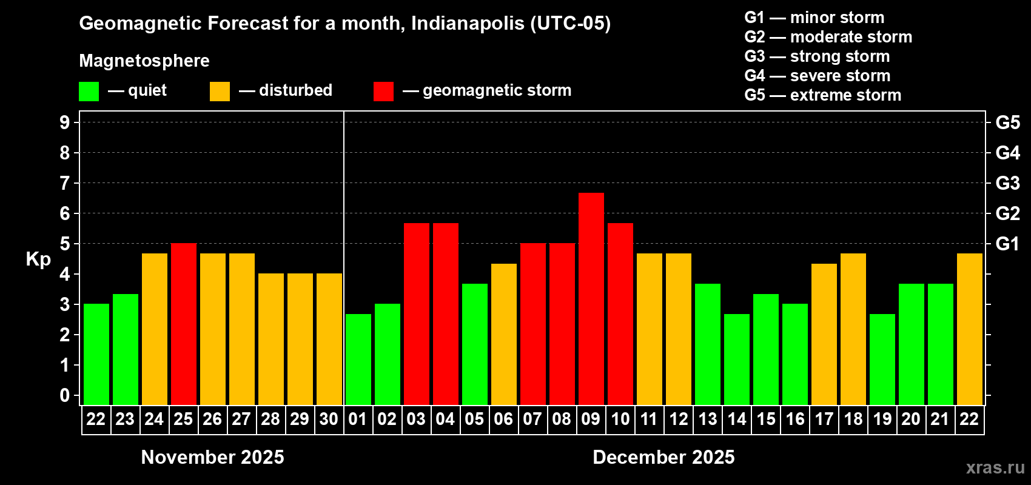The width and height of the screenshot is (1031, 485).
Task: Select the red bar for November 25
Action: point(184,324)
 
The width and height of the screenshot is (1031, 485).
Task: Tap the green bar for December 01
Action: point(358,359)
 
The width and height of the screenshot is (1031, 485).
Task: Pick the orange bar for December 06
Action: point(504,334)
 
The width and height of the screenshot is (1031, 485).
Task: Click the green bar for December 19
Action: point(882,359)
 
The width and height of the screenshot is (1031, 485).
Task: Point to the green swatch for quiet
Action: point(89,92)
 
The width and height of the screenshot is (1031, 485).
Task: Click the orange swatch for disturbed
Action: point(220,92)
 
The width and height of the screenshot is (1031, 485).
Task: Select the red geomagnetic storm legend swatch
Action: point(383,92)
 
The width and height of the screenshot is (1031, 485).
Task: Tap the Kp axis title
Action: point(38,259)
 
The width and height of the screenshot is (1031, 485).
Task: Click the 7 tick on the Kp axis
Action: point(65,183)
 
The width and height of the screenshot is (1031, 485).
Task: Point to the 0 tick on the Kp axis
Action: point(65,395)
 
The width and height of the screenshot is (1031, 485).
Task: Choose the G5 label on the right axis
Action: point(1007,122)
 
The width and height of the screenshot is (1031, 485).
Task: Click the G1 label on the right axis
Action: point(1007,244)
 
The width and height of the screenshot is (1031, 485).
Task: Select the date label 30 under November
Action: point(329,419)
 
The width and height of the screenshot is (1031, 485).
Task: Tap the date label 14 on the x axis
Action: point(737,419)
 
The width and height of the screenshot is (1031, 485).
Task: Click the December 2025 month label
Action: point(663,457)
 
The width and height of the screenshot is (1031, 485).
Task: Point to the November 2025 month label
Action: point(212,457)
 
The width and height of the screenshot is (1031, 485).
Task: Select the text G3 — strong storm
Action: point(817,56)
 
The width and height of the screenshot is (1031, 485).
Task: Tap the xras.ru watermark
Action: point(995,467)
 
